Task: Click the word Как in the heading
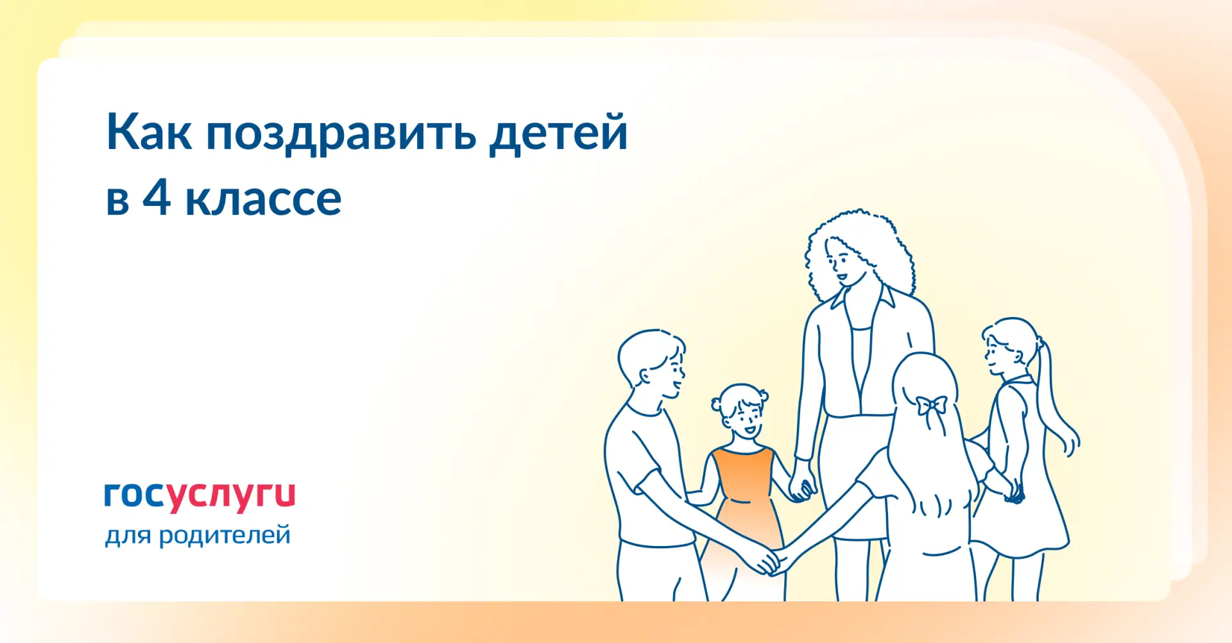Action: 149,132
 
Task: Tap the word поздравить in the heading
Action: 341,135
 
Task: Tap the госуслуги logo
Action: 200,496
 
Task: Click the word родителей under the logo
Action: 225,535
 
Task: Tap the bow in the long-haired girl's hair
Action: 931,406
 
